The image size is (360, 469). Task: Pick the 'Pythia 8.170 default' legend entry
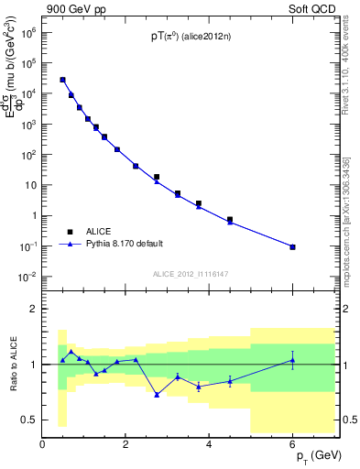click(x=120, y=245)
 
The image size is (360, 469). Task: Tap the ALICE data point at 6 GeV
click(x=292, y=246)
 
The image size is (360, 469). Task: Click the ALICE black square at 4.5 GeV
click(x=230, y=220)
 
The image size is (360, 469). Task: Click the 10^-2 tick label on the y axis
click(x=28, y=277)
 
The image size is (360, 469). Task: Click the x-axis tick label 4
click(x=210, y=446)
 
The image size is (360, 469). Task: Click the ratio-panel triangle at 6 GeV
click(x=292, y=360)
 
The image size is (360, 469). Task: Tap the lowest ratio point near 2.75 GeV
click(x=157, y=395)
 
